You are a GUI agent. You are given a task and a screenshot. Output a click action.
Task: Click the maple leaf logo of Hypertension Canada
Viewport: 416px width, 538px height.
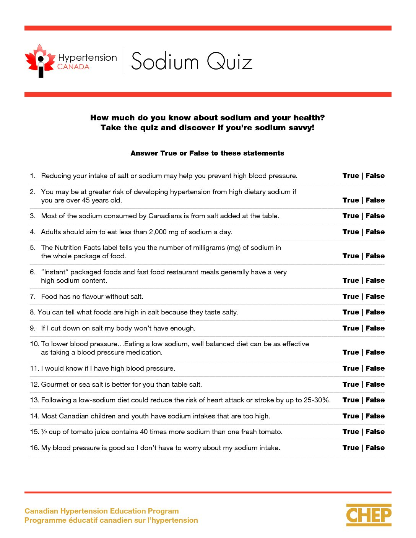40,61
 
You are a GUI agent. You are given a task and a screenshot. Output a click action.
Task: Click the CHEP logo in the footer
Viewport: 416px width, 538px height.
369,515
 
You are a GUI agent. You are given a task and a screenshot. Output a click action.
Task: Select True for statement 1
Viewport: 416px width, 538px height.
350,176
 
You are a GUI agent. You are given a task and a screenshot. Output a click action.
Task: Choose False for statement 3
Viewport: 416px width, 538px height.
375,216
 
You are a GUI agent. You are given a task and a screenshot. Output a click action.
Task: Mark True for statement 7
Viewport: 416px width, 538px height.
350,297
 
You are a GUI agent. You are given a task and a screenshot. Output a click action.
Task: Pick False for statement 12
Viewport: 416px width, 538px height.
375,384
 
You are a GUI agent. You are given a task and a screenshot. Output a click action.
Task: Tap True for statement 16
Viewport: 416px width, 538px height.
350,448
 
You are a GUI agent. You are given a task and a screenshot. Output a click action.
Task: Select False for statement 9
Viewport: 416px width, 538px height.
375,328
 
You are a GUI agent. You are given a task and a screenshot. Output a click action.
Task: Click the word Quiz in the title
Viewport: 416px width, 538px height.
229,62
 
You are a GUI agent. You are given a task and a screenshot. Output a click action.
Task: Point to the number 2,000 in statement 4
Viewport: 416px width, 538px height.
158,232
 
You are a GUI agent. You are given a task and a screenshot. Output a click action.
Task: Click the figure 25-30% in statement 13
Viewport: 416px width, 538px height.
317,400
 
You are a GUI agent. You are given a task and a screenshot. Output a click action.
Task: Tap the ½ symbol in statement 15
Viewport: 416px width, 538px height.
44,432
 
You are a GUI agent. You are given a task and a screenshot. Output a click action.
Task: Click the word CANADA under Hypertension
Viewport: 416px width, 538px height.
73,67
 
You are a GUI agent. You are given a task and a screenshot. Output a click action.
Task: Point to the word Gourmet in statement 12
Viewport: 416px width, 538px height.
55,384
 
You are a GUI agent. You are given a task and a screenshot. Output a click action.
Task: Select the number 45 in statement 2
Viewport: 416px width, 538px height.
86,200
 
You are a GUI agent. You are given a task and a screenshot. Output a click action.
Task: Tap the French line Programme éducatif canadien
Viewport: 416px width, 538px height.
111,520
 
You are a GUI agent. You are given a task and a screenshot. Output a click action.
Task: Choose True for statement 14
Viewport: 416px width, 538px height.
350,416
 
